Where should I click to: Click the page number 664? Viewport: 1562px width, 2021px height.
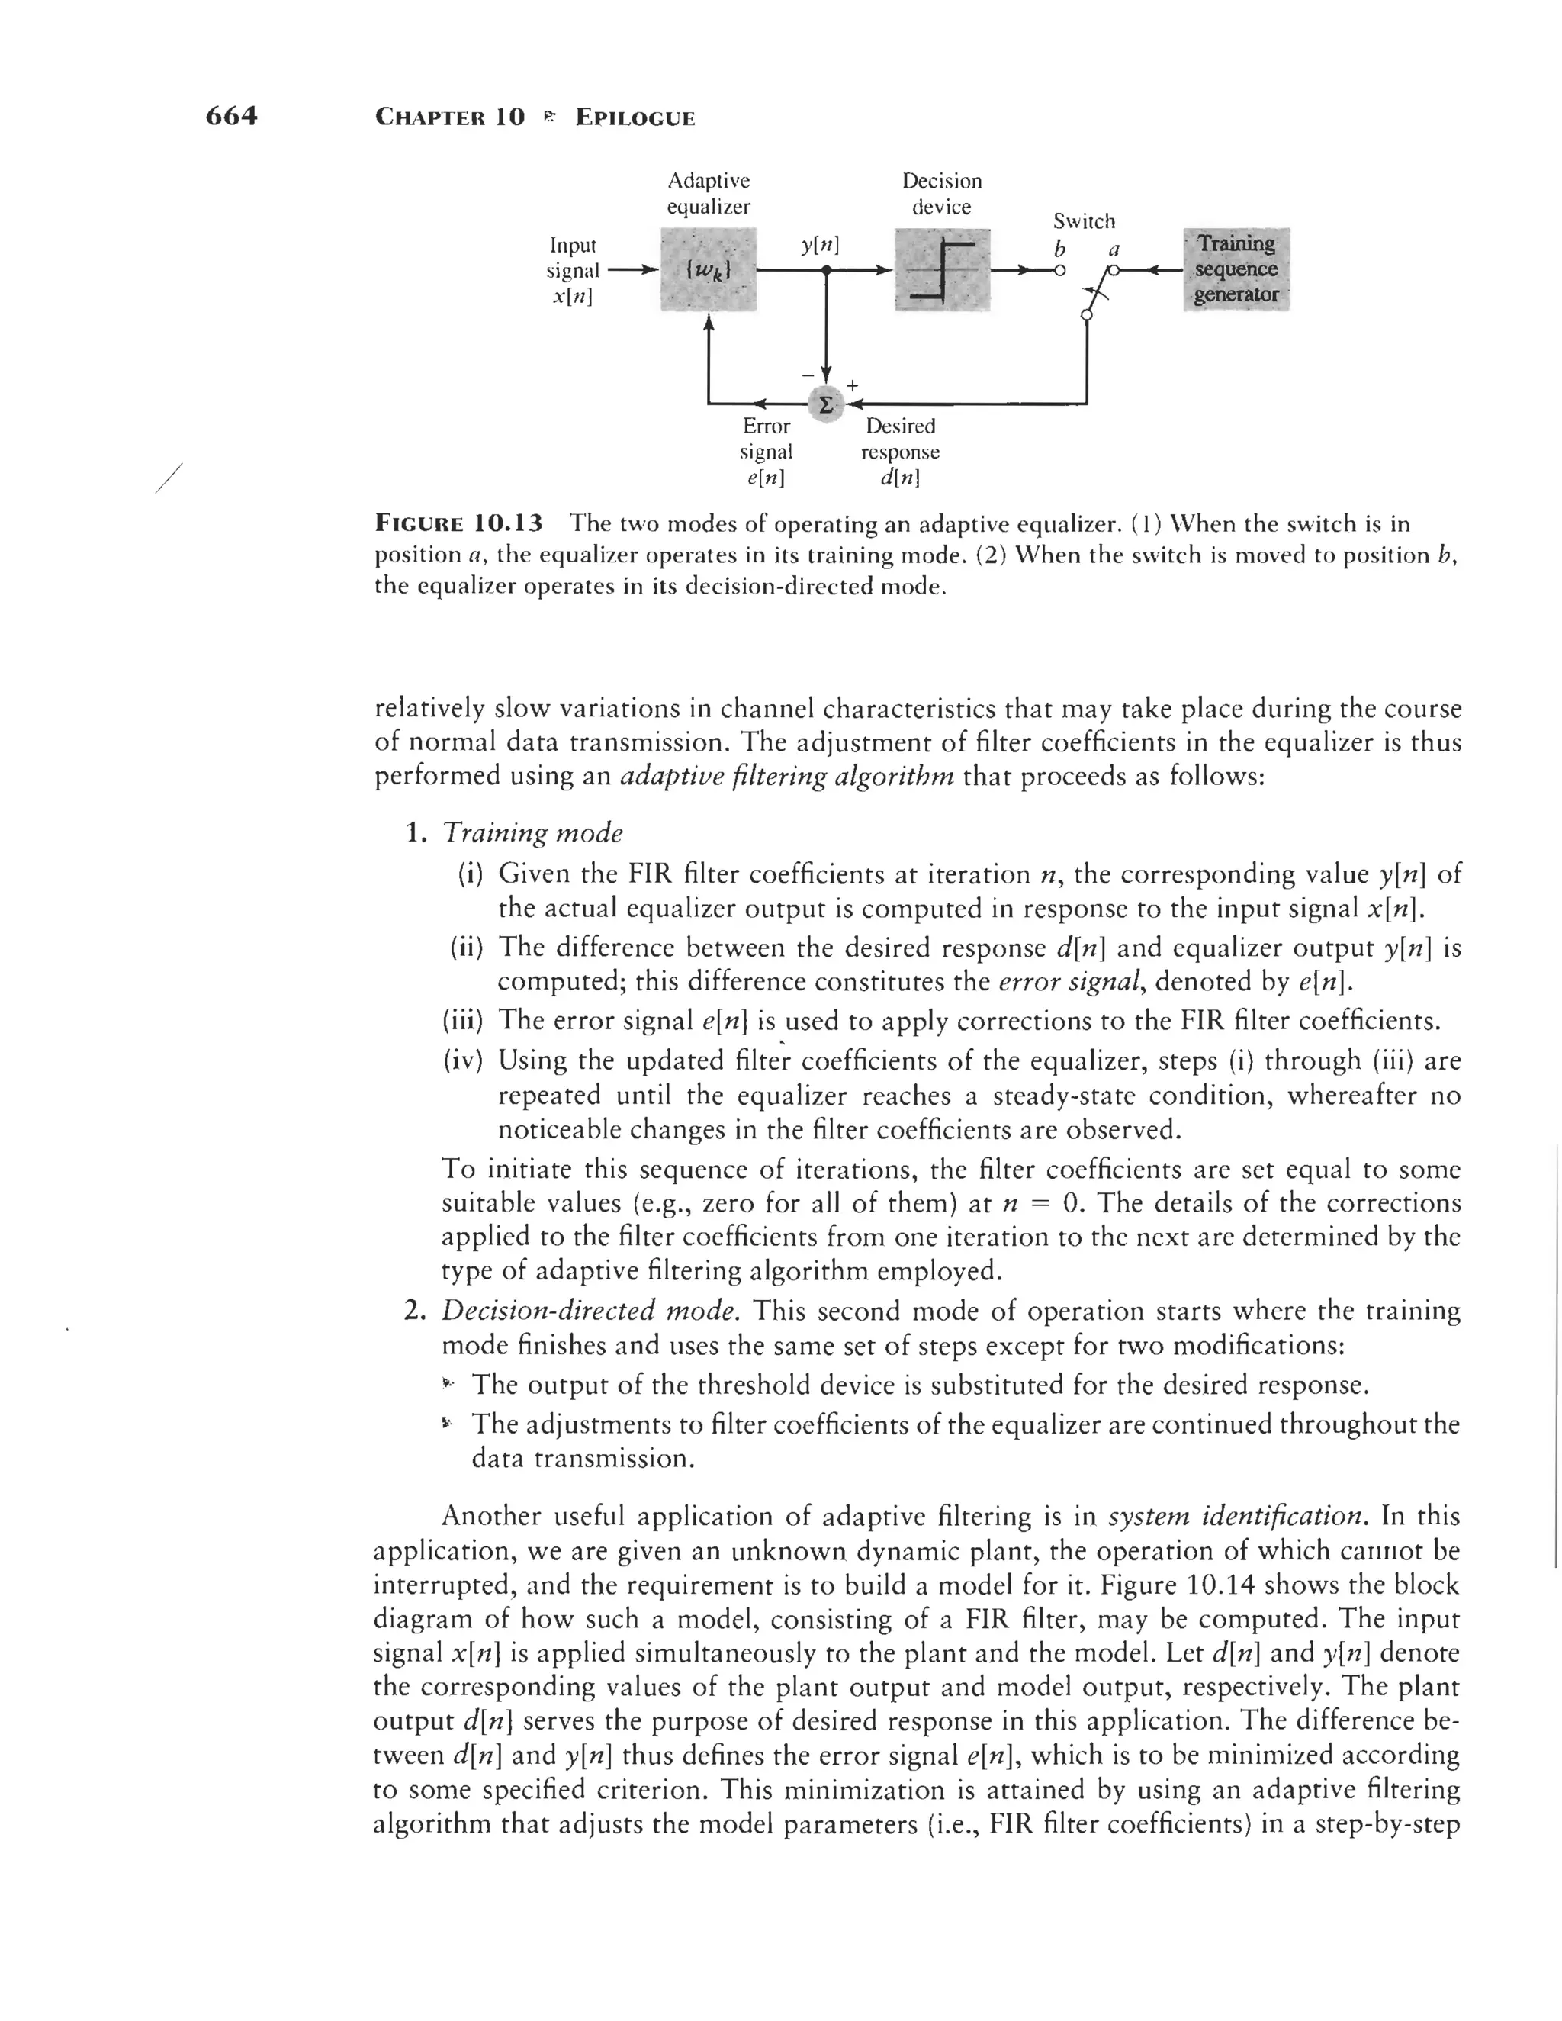click(x=231, y=116)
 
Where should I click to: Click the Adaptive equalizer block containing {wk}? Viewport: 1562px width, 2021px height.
click(x=709, y=270)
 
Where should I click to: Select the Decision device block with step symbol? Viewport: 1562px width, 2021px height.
click(x=942, y=270)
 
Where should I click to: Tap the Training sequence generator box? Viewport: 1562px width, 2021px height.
click(x=1236, y=269)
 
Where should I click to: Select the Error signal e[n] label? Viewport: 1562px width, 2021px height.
click(x=767, y=452)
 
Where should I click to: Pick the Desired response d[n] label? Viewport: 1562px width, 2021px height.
click(x=899, y=452)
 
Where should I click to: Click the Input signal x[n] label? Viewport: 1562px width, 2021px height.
click(x=572, y=270)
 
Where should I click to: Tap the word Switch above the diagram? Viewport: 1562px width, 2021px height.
click(x=1084, y=221)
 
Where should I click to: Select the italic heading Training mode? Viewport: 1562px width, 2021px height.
click(x=533, y=833)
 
